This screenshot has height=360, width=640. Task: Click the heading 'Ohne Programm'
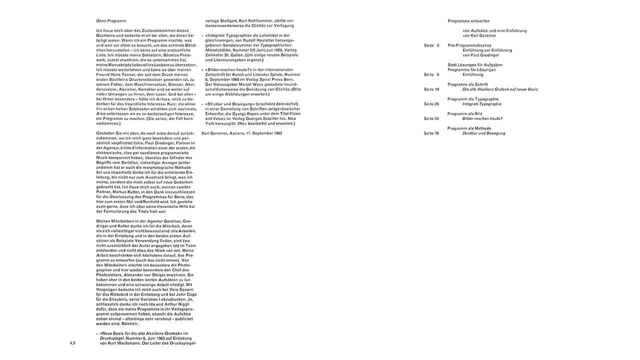pos(111,21)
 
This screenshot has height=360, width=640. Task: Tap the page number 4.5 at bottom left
pos(72,343)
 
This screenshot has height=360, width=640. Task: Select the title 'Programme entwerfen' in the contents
pos(468,21)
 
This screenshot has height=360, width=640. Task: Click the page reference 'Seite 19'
pos(431,89)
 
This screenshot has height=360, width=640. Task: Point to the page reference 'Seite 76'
pos(431,133)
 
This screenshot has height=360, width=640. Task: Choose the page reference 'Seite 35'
pos(431,104)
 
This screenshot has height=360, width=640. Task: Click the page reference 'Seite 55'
pos(431,119)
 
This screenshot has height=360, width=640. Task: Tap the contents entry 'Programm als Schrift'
pos(467,84)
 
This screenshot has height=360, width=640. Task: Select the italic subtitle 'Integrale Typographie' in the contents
pos(481,104)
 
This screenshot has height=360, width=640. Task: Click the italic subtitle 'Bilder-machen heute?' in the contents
pos(482,119)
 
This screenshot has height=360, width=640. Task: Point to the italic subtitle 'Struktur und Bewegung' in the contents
pos(483,133)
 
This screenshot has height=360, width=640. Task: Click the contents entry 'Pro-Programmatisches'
pos(471,45)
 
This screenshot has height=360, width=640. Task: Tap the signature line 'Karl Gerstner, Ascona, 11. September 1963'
pos(241,133)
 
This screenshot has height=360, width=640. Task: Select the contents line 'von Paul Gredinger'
pos(481,55)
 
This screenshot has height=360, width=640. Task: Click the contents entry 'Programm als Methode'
pos(469,128)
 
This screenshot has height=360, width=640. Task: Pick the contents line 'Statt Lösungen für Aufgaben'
pos(475,65)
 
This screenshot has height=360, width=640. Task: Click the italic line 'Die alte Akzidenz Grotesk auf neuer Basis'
pos(500,89)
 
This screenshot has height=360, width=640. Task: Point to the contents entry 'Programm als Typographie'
pos(473,99)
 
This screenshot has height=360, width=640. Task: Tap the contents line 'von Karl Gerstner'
pos(479,36)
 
